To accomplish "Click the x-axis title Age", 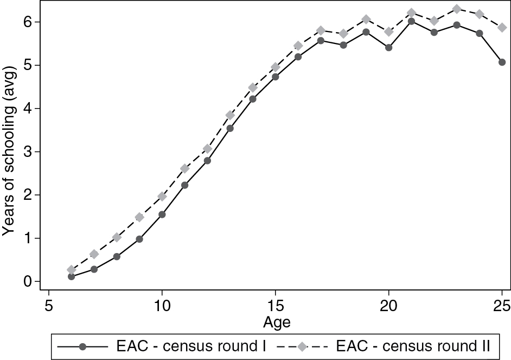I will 277,323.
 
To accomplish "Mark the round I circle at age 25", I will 502,62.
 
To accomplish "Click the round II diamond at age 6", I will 71,270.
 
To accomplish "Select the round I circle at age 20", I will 388,47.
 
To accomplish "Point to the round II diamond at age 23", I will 457,9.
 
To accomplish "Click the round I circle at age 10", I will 162,214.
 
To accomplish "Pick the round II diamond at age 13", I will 230,115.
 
